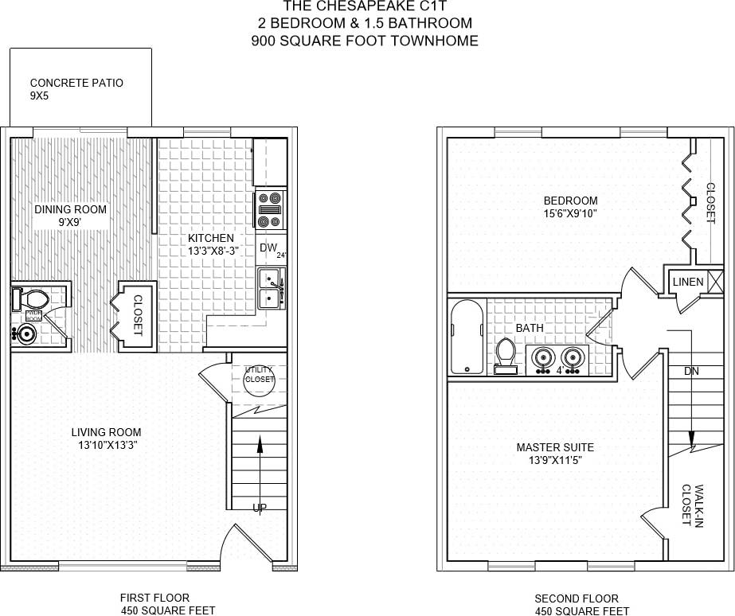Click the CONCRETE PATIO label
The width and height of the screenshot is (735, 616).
[76, 83]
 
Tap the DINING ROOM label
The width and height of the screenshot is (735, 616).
[70, 210]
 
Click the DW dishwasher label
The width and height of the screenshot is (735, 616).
[268, 248]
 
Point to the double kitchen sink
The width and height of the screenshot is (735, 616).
[270, 289]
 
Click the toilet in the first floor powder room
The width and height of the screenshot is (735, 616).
[32, 299]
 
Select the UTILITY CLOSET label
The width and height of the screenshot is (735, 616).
[259, 375]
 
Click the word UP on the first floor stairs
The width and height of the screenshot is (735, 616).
[260, 508]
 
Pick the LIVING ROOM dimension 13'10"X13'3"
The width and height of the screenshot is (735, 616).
[106, 445]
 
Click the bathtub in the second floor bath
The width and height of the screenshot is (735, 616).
[464, 338]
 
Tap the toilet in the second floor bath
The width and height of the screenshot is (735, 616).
[506, 355]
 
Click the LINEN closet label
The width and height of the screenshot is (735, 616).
[688, 282]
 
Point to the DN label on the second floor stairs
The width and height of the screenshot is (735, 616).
[691, 372]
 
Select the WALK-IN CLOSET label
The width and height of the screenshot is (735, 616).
[691, 505]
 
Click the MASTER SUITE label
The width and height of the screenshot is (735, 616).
[554, 447]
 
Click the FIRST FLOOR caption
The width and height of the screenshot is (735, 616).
[154, 598]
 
